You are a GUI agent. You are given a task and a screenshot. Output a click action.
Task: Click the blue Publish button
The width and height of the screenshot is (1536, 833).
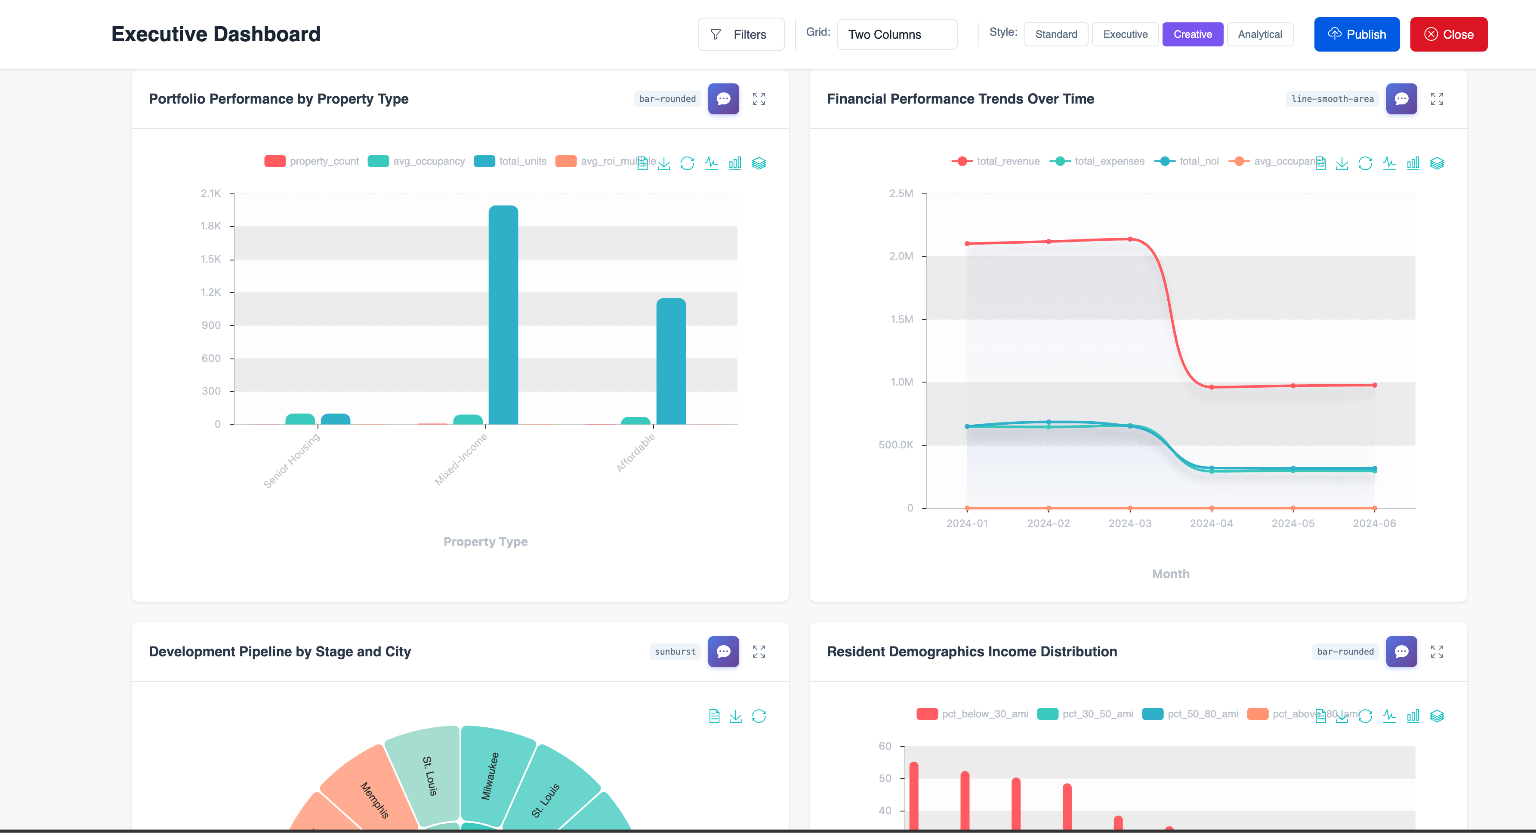1357,34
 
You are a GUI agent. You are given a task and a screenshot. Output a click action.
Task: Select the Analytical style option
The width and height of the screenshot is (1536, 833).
1259,34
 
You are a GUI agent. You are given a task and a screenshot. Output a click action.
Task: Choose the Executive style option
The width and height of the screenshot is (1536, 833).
1125,34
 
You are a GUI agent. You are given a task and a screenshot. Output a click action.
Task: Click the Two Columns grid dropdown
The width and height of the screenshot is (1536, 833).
896,34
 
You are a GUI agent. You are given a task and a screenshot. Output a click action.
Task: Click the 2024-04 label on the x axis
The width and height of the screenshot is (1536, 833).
1211,523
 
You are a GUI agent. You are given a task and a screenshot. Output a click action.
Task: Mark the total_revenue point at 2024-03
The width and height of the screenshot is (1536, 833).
1129,239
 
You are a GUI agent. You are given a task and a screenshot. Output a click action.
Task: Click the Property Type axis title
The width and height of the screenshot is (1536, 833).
485,542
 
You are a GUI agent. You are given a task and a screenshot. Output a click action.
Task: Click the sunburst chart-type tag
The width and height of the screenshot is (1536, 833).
674,651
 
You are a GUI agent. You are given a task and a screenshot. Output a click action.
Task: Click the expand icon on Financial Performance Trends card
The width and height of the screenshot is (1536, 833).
1437,99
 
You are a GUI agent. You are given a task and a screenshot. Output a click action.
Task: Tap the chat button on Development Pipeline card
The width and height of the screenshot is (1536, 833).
723,651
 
